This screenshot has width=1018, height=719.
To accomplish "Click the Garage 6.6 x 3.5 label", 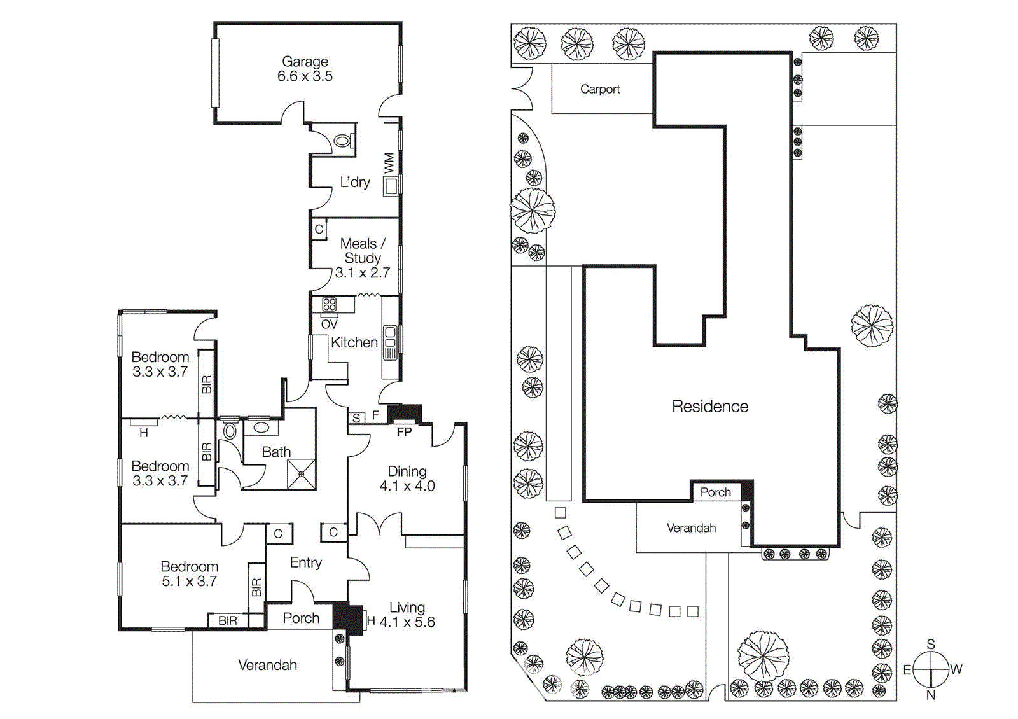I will pos(305,69).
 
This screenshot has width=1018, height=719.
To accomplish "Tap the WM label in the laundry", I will pos(389,162).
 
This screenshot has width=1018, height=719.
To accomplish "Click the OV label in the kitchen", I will pos(329,325).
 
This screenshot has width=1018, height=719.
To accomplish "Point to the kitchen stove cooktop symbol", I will pos(329,304).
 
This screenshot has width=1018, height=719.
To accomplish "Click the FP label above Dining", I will pos(404,432).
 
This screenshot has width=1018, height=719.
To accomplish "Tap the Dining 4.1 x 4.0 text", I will pos(407,478).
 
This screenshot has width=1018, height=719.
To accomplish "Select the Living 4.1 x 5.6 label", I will pos(407,615).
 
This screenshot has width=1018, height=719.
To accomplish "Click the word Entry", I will pos(305,562).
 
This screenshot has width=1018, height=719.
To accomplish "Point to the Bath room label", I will pos(276,452).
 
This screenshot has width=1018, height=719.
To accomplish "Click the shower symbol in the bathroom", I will pos(301,474).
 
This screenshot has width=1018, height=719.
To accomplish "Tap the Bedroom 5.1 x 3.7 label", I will pos(189,573).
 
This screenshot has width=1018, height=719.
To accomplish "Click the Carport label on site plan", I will pos(599,89).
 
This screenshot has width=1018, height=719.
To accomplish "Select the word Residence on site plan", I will pos(709,407).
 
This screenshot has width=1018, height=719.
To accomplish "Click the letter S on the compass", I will pos(931,644).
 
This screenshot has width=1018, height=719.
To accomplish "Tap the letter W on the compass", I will pos(956,669).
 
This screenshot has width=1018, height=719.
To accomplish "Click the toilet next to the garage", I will pos(342,141).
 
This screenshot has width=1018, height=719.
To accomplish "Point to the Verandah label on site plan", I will pos(691,528).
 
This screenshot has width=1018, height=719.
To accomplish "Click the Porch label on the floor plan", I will pos(301,618).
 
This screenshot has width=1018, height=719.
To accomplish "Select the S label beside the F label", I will pos(356,418).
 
